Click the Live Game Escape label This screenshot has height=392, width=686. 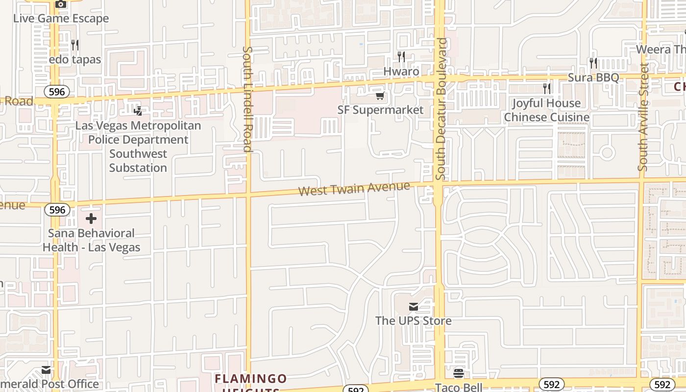point(61,19)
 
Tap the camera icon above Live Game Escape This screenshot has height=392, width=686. point(61,4)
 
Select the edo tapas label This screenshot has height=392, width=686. point(75,60)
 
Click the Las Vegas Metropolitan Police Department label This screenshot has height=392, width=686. point(138,147)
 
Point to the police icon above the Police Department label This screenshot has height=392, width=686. point(138,111)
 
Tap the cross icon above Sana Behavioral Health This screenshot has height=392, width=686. point(91,219)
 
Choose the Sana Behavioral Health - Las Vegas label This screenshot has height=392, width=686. point(91,240)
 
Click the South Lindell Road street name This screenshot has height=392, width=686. point(247,99)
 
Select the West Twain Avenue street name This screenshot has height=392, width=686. point(354,189)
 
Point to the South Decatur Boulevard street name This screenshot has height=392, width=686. point(441,109)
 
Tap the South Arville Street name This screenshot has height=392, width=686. point(643,117)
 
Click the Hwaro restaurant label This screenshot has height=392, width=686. point(401,72)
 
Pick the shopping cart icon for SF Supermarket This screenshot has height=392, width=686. point(380,96)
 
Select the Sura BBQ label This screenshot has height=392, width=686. point(593,77)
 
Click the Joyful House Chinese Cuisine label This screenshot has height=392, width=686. point(546,110)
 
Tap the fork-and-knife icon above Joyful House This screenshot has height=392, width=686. point(547,89)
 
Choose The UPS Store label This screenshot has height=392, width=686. point(413,321)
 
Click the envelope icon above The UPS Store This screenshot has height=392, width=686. point(414,307)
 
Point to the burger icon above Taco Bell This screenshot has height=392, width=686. point(459,373)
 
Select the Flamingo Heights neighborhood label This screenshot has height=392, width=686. point(250,379)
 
